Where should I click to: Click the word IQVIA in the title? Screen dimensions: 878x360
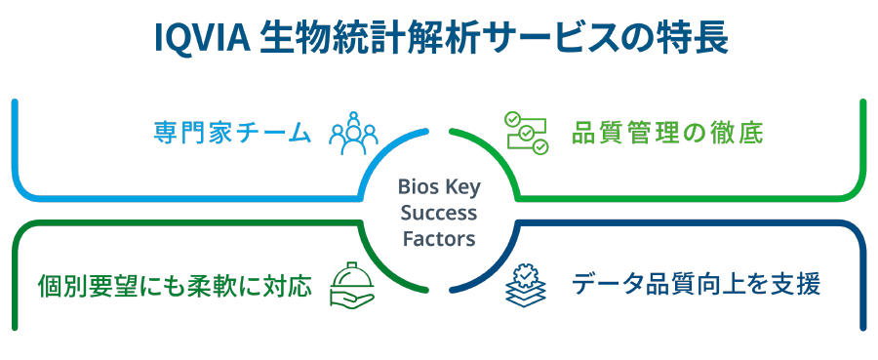[200, 38]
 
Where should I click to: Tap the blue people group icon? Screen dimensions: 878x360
[353, 134]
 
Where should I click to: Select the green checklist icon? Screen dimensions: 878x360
[526, 133]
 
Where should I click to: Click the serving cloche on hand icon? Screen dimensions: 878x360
[351, 286]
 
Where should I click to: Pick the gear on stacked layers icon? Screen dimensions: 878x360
[525, 286]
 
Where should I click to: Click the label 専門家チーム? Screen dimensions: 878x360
[232, 134]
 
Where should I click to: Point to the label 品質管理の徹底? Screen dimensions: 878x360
[667, 134]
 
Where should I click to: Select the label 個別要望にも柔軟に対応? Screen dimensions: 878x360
[175, 287]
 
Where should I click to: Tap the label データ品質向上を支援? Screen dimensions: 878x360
[696, 285]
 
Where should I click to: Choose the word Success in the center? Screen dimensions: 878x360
[439, 213]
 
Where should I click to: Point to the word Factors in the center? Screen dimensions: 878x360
[439, 239]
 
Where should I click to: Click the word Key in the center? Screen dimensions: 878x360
[460, 187]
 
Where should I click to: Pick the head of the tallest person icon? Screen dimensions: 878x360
[353, 118]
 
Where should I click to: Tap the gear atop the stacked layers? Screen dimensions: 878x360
[525, 275]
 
